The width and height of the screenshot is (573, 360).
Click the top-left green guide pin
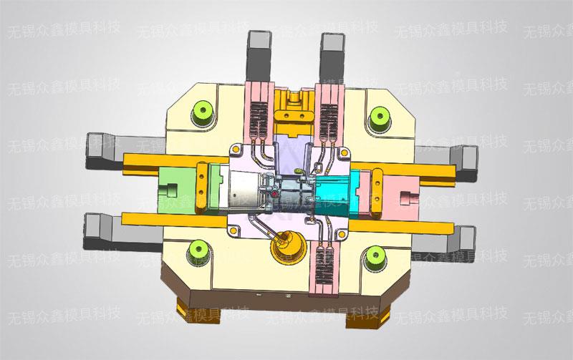[203, 112]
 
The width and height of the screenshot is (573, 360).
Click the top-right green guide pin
[377, 115]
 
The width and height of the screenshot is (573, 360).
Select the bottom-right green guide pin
[375, 255]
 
